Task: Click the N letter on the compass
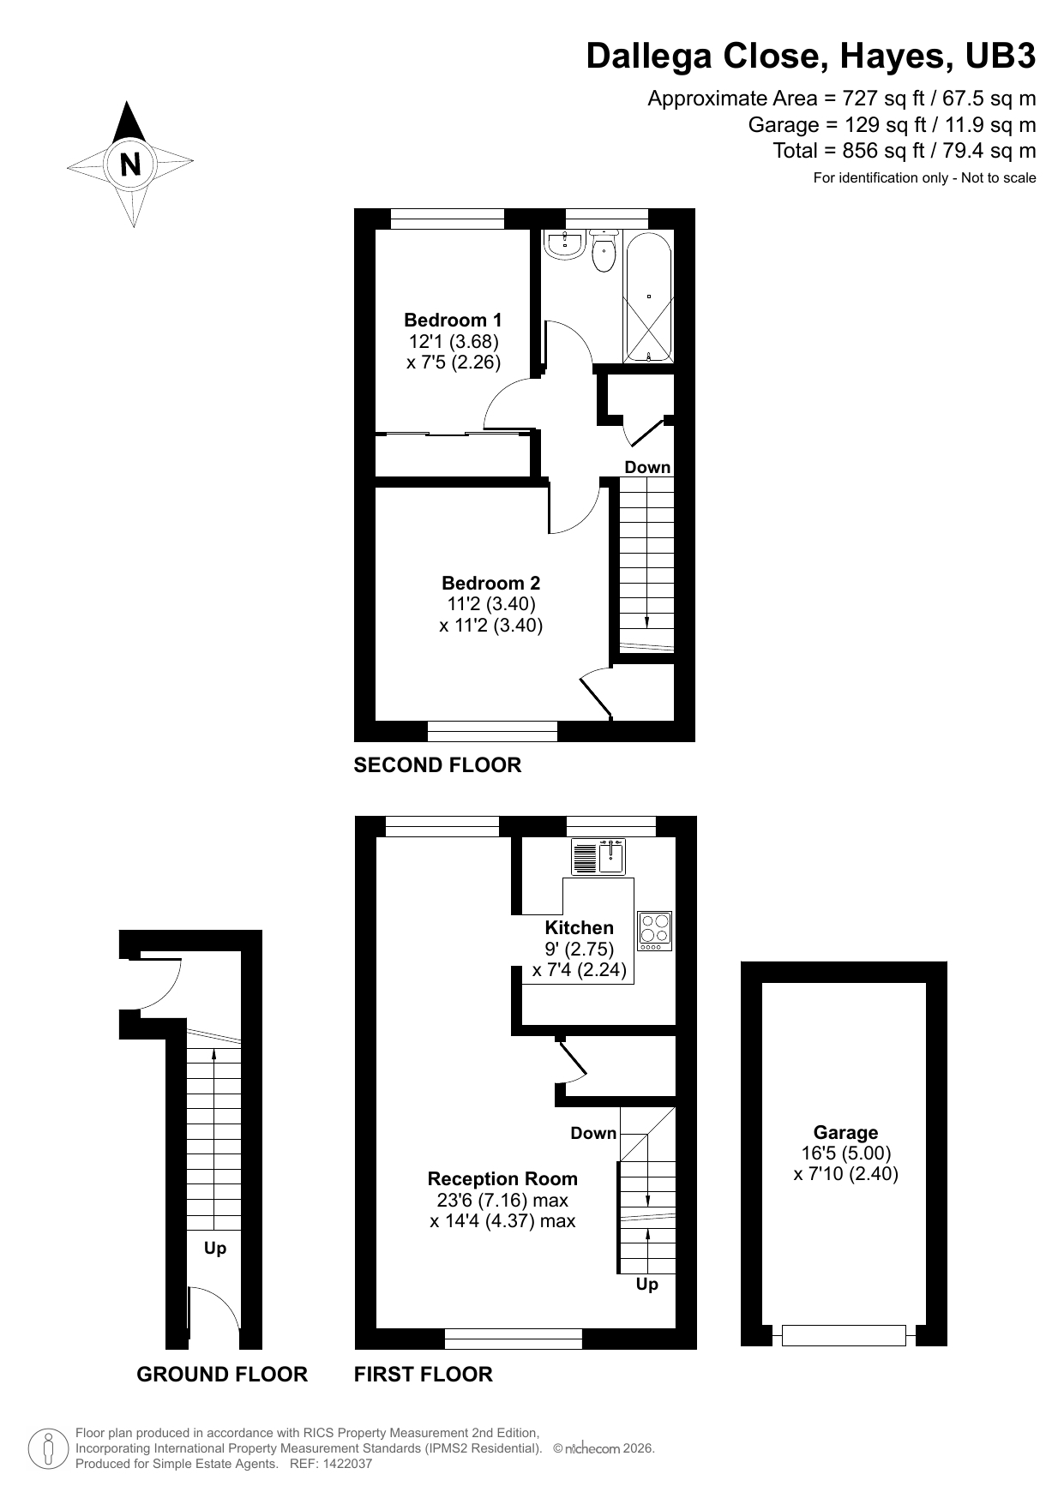[130, 164]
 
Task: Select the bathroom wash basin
[565, 244]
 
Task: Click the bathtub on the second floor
[649, 297]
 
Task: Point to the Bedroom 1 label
[453, 321]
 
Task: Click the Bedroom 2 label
[490, 584]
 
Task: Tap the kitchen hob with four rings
[655, 931]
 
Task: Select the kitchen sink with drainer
[598, 855]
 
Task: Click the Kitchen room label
[579, 928]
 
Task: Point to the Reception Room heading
[502, 1179]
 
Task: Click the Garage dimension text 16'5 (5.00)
[845, 1153]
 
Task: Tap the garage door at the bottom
[844, 1335]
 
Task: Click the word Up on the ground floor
[215, 1249]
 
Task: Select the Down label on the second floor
[647, 467]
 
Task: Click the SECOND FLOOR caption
[437, 765]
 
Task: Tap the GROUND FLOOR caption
[222, 1375]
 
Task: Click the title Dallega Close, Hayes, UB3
[810, 57]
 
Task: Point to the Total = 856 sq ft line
[904, 152]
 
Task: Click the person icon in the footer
[48, 1449]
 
